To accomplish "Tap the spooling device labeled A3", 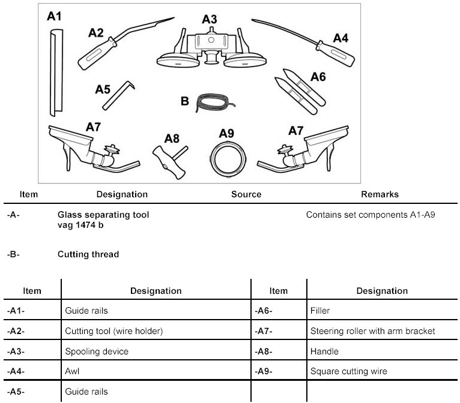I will [209, 48].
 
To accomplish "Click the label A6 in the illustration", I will [319, 77].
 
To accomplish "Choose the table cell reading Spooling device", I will [97, 351].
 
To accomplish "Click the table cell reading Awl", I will [72, 371].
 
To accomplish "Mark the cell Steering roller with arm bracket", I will [372, 331].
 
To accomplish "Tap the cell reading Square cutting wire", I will [348, 371].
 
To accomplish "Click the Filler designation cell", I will [321, 311].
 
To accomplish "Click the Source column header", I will [246, 194].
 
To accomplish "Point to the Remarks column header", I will [380, 194].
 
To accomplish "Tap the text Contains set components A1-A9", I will [370, 214].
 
